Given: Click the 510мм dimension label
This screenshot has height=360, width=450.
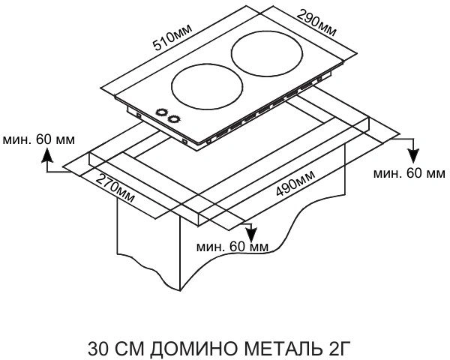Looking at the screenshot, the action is [x=172, y=37].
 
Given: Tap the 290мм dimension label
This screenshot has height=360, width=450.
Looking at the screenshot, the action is [x=316, y=22].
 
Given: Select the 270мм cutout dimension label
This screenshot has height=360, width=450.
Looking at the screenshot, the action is [x=115, y=188].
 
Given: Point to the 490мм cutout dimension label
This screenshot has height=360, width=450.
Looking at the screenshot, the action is [x=295, y=183].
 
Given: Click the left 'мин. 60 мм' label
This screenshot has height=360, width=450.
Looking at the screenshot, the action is [x=39, y=139].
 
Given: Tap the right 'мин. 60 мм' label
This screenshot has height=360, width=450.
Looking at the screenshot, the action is [x=409, y=173].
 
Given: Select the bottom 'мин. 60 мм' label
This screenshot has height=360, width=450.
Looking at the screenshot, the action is [x=232, y=247].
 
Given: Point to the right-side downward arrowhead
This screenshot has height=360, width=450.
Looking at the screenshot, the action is [x=413, y=156].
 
